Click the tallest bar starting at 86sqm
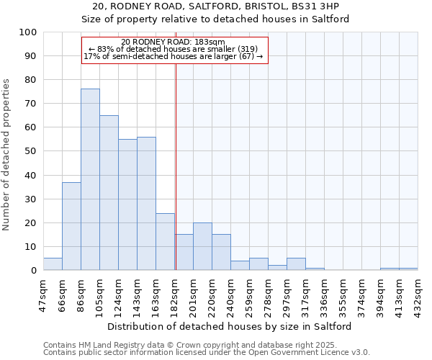click(90, 179)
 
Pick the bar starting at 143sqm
click(146, 203)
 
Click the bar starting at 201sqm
click(202, 246)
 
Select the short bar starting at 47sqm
click(53, 264)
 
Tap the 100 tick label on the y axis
click(28, 32)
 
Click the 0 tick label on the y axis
click(34, 271)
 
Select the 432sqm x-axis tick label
click(418, 294)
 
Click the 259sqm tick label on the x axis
click(250, 294)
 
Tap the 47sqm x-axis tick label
click(44, 294)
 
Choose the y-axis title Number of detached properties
click(7, 155)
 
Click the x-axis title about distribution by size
click(230, 326)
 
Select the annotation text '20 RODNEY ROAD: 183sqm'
click(174, 42)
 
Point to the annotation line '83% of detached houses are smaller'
click(174, 49)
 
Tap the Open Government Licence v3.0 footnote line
click(207, 353)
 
